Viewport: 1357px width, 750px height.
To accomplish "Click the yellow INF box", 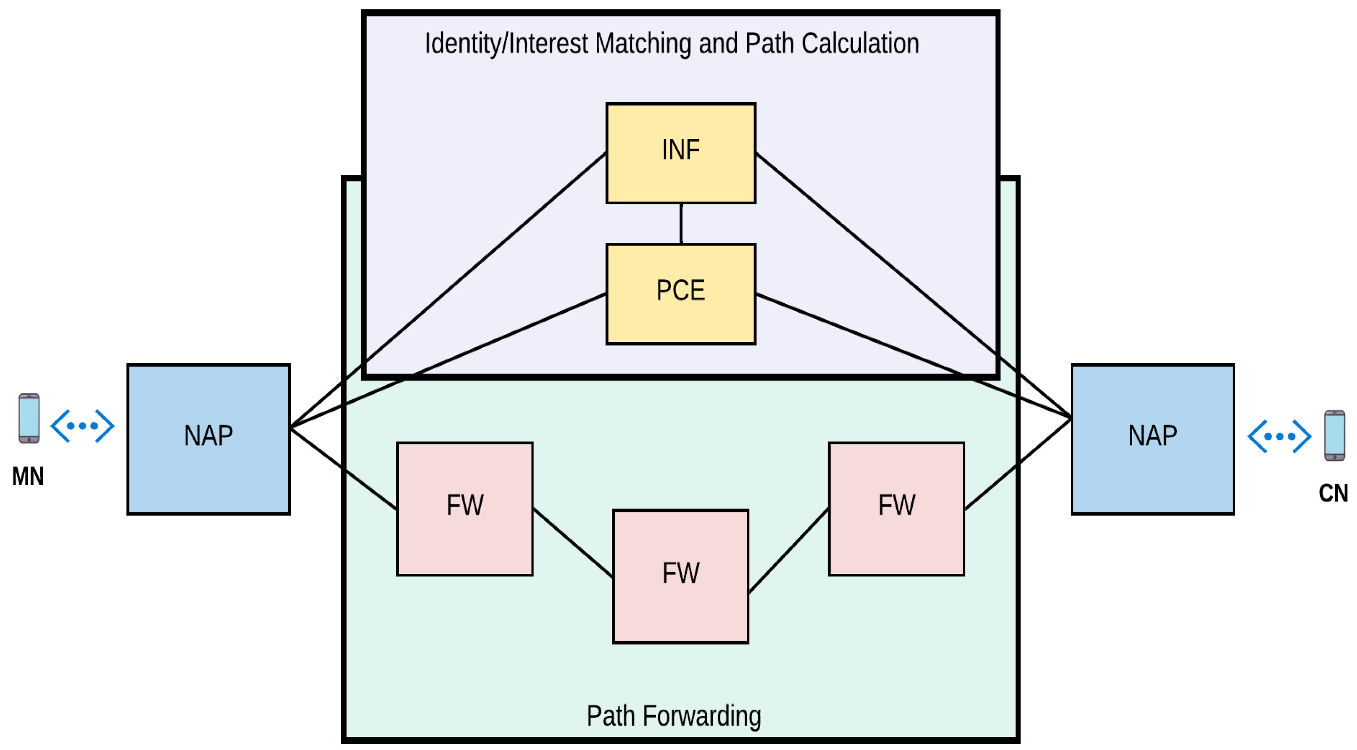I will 681,153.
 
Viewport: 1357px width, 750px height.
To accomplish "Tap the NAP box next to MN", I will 208,438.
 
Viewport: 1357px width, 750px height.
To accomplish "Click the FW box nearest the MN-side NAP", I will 465,509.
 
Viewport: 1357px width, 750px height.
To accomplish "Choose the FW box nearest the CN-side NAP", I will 896,509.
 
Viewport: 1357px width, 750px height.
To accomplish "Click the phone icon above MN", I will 29,418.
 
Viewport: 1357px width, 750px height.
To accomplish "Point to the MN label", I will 28,476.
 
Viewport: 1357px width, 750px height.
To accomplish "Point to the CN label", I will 1333,493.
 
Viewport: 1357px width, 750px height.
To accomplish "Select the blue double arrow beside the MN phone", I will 82,425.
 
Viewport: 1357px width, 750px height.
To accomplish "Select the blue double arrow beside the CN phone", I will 1279,436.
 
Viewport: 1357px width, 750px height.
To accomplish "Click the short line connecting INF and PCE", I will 681,224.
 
